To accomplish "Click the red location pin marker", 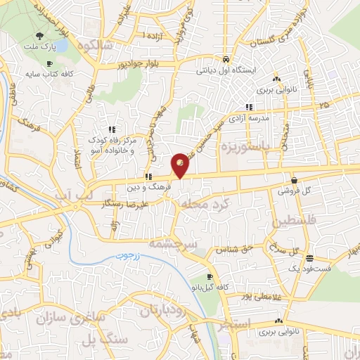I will coord(181,165).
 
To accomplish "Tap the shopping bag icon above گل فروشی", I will coord(292,180).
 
